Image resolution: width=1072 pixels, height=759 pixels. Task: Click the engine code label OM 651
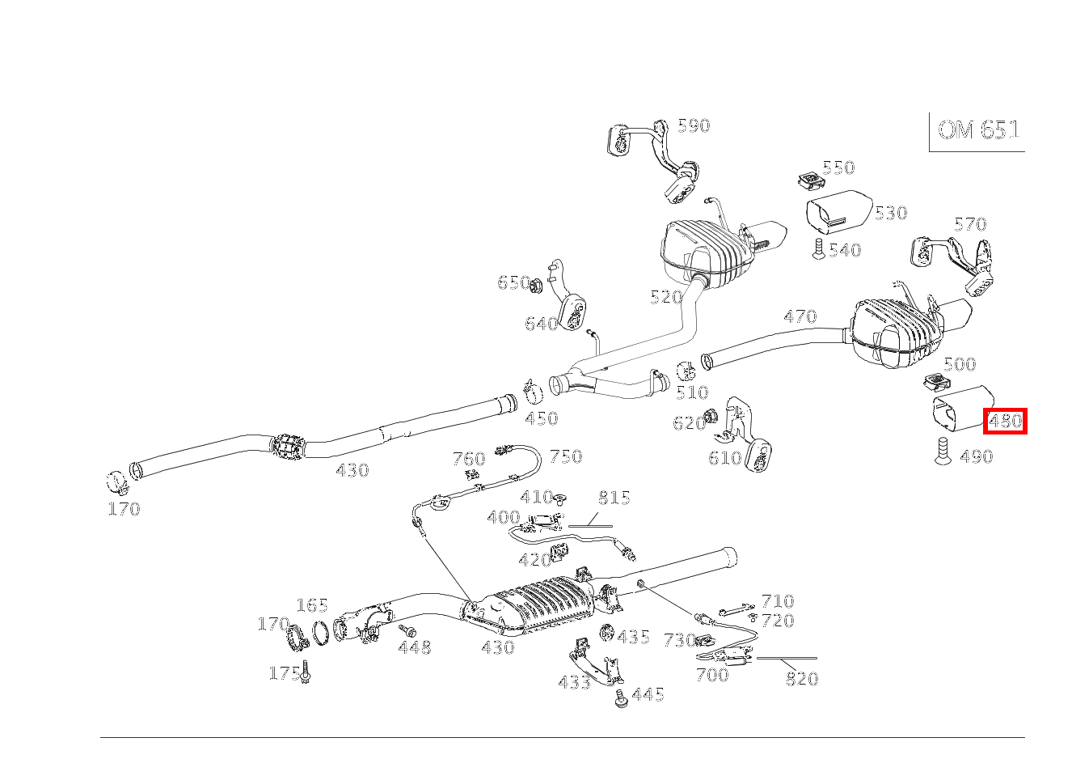(978, 130)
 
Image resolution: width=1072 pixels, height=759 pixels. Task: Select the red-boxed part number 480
(1005, 421)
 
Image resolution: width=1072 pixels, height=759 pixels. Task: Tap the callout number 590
(693, 125)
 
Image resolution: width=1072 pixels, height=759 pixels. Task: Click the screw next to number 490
(942, 451)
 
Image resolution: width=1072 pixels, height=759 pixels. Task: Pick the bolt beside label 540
(817, 248)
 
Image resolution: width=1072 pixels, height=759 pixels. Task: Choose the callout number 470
(800, 316)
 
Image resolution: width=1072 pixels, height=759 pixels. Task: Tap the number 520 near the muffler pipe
(666, 297)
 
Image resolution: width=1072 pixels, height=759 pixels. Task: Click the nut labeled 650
(535, 283)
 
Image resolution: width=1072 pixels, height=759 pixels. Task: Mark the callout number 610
(724, 458)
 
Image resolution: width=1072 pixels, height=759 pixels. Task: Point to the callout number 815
(614, 498)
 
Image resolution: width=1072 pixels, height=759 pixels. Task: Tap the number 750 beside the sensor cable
(565, 456)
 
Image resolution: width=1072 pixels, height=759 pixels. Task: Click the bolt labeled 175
(306, 671)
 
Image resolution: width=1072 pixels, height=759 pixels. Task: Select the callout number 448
(415, 647)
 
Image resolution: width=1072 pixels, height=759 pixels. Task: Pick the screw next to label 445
(621, 699)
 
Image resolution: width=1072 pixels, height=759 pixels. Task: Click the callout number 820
(801, 680)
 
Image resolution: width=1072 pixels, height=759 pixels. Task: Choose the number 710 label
(777, 601)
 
